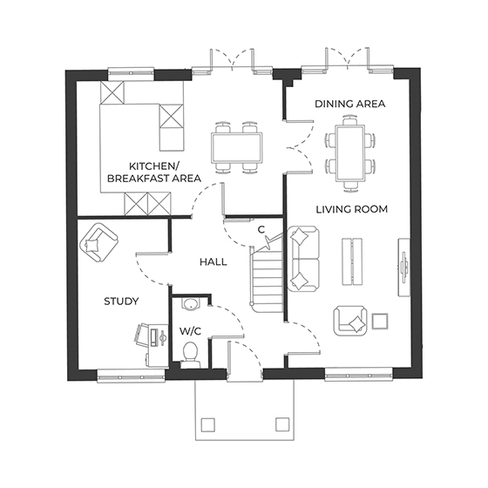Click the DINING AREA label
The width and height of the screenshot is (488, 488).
[350, 104]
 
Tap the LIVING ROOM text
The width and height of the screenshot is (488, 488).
[352, 209]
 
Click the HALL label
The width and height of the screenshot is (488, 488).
[213, 261]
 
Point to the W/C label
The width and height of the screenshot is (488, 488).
[190, 331]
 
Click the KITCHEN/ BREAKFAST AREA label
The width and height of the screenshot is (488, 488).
[153, 172]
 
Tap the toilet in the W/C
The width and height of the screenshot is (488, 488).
[191, 352]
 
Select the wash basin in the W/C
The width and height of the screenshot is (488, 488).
[191, 305]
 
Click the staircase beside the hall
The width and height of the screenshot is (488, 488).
[267, 278]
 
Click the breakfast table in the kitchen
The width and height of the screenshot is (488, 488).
[237, 146]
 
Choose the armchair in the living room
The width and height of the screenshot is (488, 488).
[351, 322]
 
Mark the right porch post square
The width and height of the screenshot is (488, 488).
[282, 424]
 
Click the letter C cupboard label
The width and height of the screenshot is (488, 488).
[261, 229]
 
